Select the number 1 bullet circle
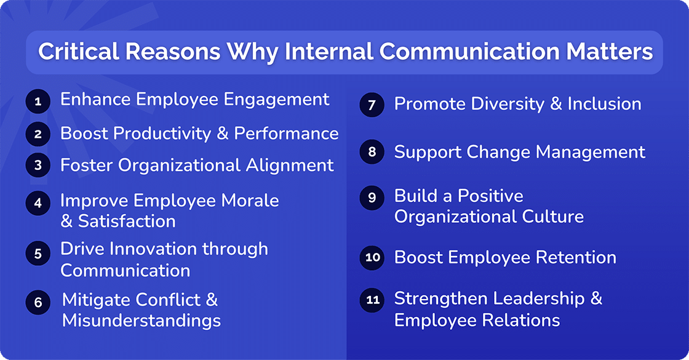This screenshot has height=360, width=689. pos(38,102)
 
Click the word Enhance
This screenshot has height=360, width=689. pos(95,100)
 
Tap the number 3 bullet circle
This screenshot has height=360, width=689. pos(38,166)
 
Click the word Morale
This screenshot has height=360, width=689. pos(249,201)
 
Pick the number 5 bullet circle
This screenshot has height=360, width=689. pos(38,253)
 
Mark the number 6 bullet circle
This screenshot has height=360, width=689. pos(38,302)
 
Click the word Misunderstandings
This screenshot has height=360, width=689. pos(141,321)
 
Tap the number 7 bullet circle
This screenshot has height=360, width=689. pos(372,105)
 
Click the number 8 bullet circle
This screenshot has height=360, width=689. pos(372,153)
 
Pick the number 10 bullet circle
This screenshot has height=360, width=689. pos(372,258)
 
